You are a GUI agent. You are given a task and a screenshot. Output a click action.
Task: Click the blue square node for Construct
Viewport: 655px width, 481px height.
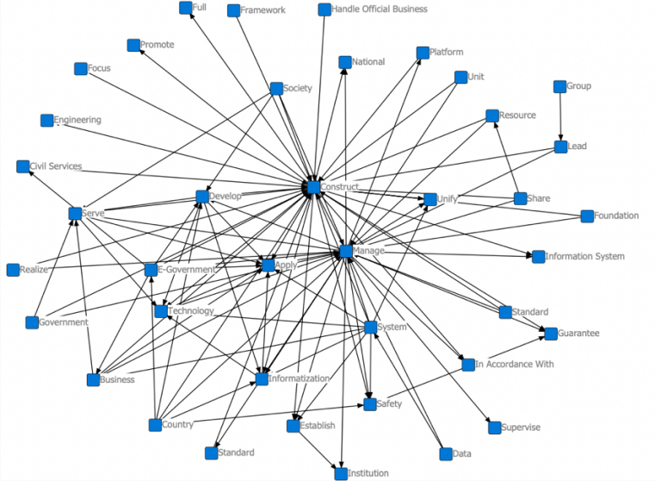[x=313, y=187]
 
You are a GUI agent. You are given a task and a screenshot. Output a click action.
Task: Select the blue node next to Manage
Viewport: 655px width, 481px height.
[x=346, y=251]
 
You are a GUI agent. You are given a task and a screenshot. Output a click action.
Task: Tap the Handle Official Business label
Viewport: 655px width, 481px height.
[x=379, y=9]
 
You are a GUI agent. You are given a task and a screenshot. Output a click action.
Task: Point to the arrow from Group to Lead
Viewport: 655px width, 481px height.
[x=560, y=116]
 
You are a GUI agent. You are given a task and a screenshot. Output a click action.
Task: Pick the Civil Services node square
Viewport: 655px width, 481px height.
[x=22, y=166]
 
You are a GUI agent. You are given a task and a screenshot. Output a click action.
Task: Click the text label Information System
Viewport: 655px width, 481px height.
[x=585, y=256]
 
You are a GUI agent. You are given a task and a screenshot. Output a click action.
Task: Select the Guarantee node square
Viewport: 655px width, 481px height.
[x=550, y=333]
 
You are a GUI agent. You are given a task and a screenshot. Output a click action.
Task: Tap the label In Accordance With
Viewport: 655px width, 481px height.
[x=515, y=364]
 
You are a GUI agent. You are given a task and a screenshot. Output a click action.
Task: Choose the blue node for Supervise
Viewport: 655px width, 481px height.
[x=494, y=427]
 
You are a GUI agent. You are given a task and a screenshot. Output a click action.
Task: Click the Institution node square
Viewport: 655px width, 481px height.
[x=341, y=472]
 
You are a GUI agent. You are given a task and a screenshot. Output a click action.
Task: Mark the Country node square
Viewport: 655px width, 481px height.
[x=155, y=424]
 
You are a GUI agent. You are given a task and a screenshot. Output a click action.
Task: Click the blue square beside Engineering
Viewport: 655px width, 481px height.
[x=46, y=121]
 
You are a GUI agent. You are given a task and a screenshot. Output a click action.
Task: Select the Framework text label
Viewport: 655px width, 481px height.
[x=262, y=10]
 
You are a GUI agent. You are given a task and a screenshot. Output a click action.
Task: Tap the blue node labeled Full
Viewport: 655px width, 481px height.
[x=185, y=8]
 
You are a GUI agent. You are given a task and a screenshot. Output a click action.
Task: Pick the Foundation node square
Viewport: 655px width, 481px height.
[x=587, y=216]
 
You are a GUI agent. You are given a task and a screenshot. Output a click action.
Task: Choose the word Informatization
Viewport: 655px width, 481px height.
[x=299, y=378]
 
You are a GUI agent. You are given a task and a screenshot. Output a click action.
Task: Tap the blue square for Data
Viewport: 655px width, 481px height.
[x=444, y=453]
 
